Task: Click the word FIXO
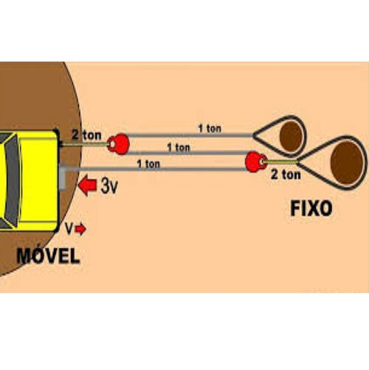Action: pos(311,208)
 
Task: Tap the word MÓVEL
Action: pos(48,256)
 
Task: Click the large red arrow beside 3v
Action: pos(88,185)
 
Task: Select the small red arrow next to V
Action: pos(80,230)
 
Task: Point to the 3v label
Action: pos(109,185)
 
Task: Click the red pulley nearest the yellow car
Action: pos(119,144)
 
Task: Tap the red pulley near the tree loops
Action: pos(256,162)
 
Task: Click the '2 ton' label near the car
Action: pos(86,135)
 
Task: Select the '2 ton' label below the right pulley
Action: pos(286,174)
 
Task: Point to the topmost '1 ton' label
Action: pos(210,129)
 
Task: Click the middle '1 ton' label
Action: pos(179,148)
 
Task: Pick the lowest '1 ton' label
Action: pos(148,164)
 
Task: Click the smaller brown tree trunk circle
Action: pos(291,136)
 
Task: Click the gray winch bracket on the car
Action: pos(63,177)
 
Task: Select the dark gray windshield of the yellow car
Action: pos(13,181)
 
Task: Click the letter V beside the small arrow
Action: pos(69,229)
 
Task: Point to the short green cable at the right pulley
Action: pos(280,162)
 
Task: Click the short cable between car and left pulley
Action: pos(84,143)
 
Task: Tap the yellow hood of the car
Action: pos(39,181)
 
